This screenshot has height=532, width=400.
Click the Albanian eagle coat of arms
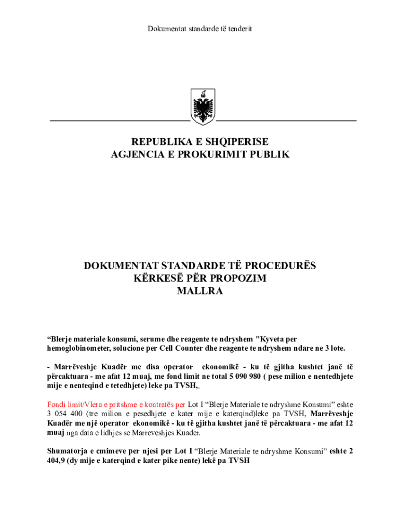(x=203, y=106)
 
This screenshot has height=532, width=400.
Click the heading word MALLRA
(x=200, y=291)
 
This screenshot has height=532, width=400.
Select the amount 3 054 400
(x=66, y=414)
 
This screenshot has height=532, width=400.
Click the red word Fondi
(x=56, y=404)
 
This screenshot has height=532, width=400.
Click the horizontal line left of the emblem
(x=119, y=121)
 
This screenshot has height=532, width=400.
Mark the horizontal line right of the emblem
(x=286, y=121)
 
